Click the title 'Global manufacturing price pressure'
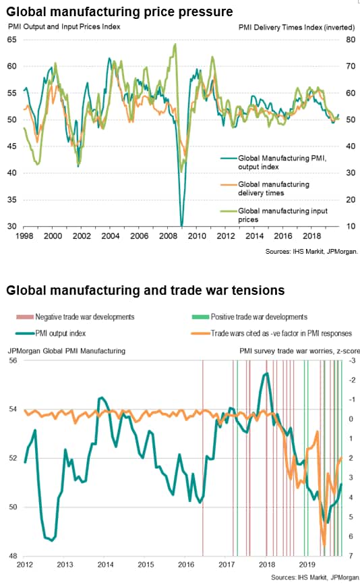(x=119, y=11)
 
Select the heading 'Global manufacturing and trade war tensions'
(x=145, y=290)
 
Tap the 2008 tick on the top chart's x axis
(x=168, y=236)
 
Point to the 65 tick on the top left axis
(x=12, y=39)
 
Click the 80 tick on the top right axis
(x=351, y=39)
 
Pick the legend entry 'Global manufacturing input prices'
(x=274, y=215)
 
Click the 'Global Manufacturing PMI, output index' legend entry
(x=273, y=163)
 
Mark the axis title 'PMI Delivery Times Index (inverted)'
(x=297, y=27)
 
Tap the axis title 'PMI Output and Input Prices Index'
(x=64, y=26)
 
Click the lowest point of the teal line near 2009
(x=182, y=225)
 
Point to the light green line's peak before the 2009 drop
(x=175, y=45)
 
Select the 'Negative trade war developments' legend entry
(x=76, y=316)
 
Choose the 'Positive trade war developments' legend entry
(x=249, y=316)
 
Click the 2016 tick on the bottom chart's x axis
(x=186, y=564)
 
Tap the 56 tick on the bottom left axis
(x=13, y=360)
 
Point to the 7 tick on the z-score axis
(x=351, y=556)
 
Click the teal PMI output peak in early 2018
(x=267, y=373)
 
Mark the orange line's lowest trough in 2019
(x=324, y=546)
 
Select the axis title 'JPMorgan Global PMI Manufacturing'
(x=67, y=351)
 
